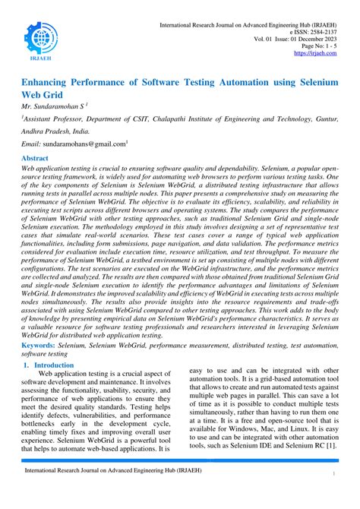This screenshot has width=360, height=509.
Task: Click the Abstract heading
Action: coord(37,158)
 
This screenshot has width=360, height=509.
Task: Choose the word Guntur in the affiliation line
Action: coord(323,119)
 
